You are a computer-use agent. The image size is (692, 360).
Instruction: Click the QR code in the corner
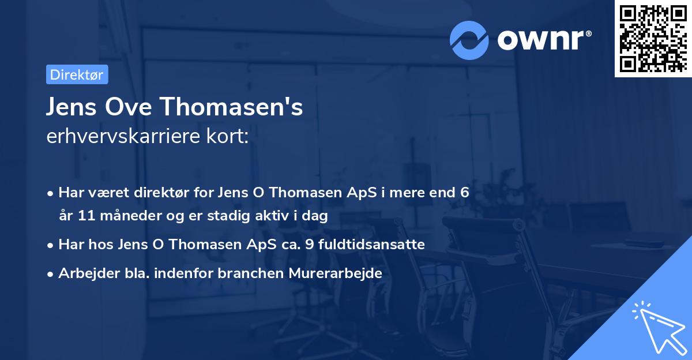[653, 38]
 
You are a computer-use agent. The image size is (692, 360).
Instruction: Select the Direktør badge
[77, 74]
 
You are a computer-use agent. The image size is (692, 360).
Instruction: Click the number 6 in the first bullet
[464, 193]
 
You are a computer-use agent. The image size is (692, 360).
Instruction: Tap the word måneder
[125, 216]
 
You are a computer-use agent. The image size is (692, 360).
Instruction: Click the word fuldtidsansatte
[378, 245]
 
